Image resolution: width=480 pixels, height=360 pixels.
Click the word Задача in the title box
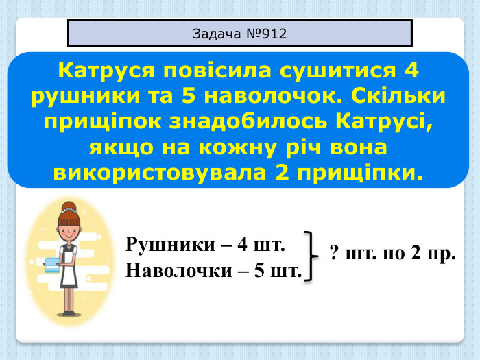[x=214, y=34]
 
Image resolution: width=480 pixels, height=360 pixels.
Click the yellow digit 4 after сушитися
[x=411, y=71]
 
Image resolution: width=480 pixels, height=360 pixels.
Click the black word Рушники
[x=169, y=244]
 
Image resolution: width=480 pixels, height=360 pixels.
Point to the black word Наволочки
[x=179, y=269]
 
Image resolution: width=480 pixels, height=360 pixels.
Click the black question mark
[x=334, y=254]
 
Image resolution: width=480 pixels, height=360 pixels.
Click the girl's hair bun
[x=68, y=205]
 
